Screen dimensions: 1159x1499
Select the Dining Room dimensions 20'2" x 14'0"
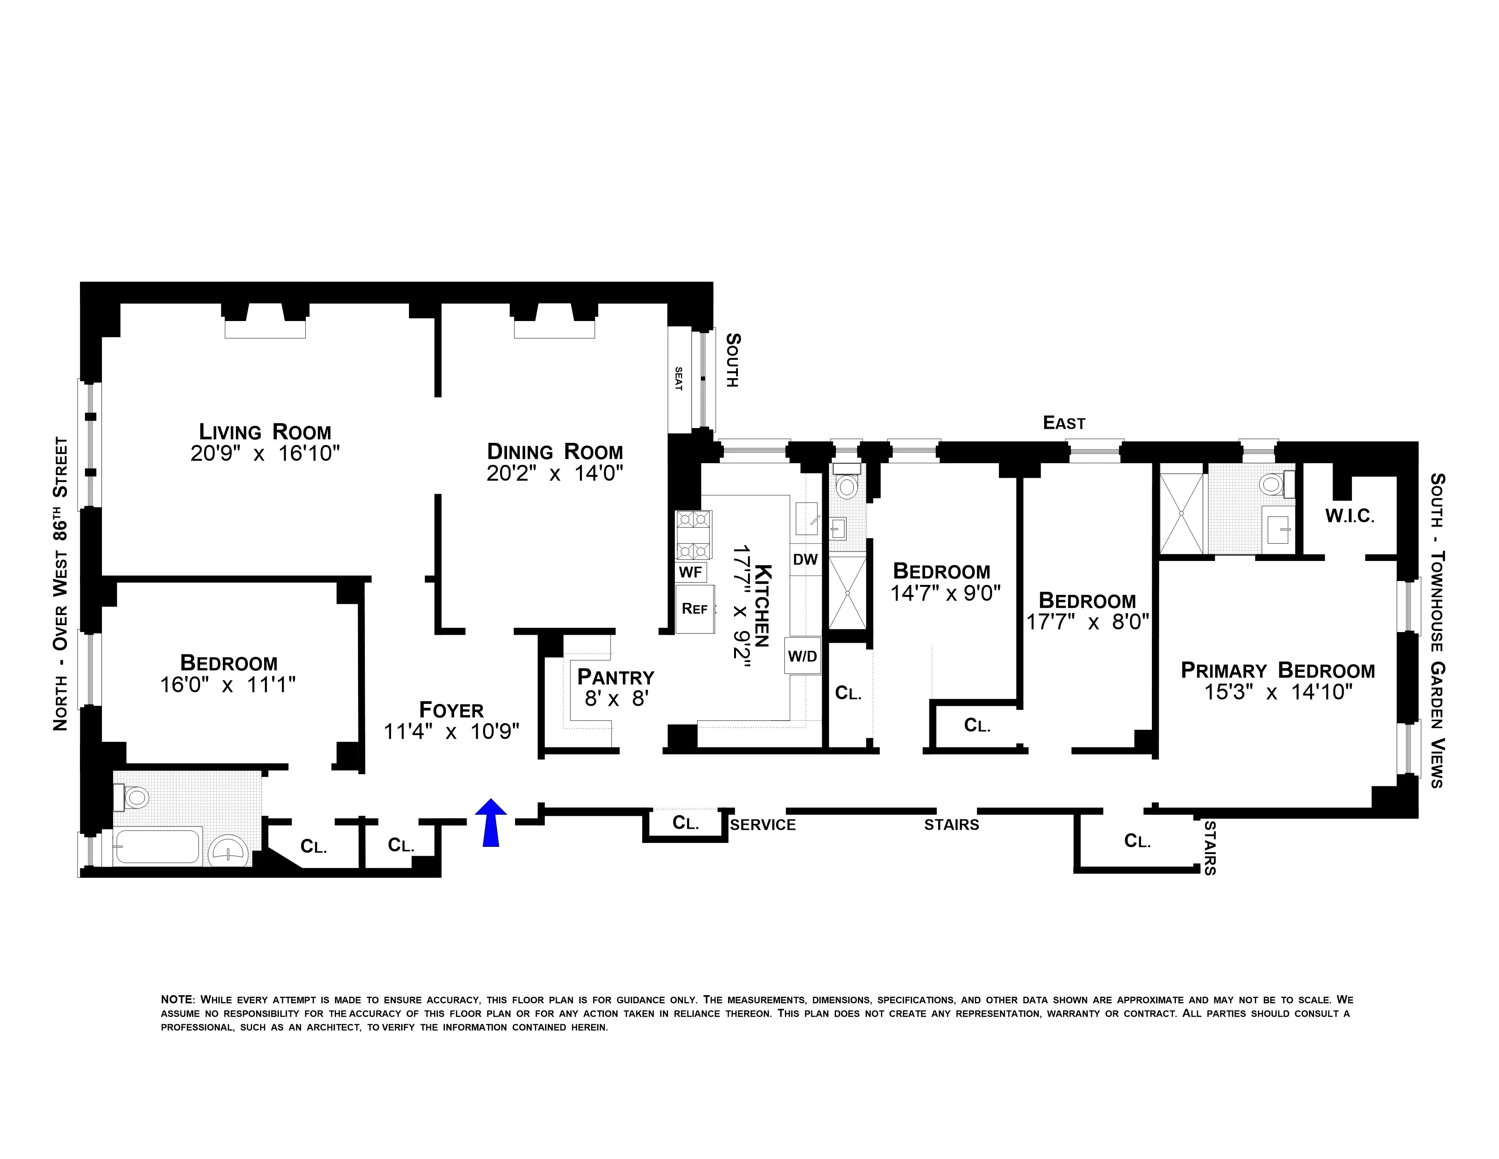pyautogui.click(x=554, y=474)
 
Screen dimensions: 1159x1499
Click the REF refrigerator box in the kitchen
pyautogui.click(x=695, y=608)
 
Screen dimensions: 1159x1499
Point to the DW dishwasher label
pyautogui.click(x=805, y=559)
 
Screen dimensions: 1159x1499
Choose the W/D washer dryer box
pyautogui.click(x=802, y=656)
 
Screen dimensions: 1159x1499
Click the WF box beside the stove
pyautogui.click(x=690, y=571)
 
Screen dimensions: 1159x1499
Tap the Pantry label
pyautogui.click(x=615, y=677)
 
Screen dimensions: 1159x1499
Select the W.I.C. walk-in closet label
pyautogui.click(x=1350, y=516)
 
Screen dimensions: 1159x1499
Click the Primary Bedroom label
pyautogui.click(x=1277, y=670)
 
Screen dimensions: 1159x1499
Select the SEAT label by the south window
pyautogui.click(x=679, y=379)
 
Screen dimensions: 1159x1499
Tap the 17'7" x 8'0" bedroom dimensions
pyautogui.click(x=1087, y=622)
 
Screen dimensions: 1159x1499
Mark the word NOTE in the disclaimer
pyautogui.click(x=178, y=1000)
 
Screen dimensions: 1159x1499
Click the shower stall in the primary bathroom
pyautogui.click(x=1181, y=513)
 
